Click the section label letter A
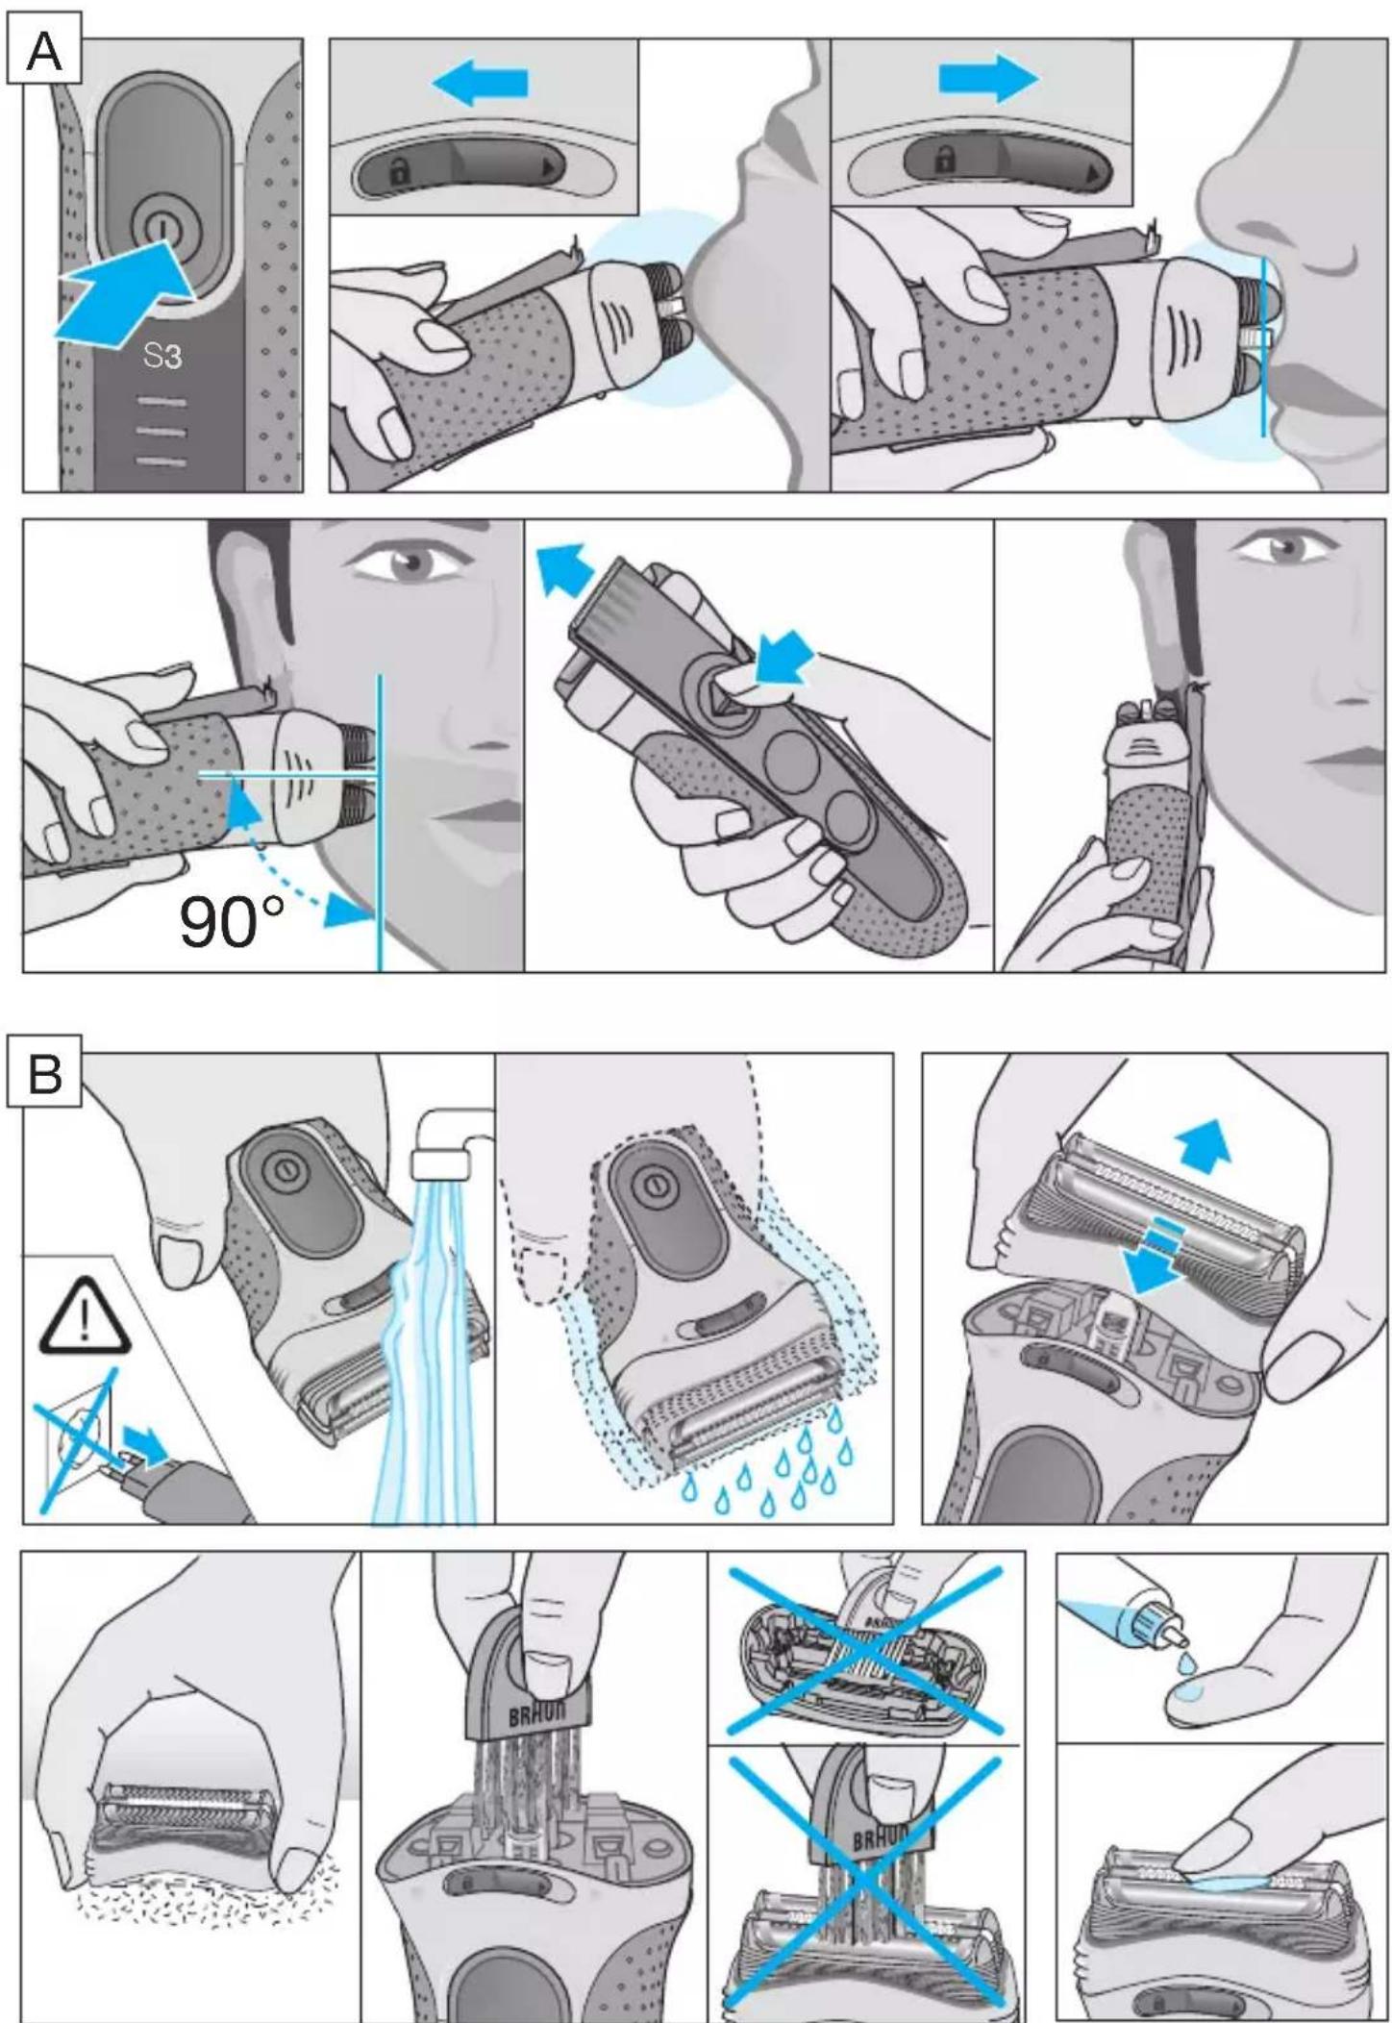pos(44,50)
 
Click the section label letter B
pos(45,1073)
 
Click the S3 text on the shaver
pos(162,357)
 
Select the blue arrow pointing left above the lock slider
pos(480,83)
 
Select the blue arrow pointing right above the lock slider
pos(989,78)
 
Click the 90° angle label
pos(232,922)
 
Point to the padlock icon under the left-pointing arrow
pos(398,172)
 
